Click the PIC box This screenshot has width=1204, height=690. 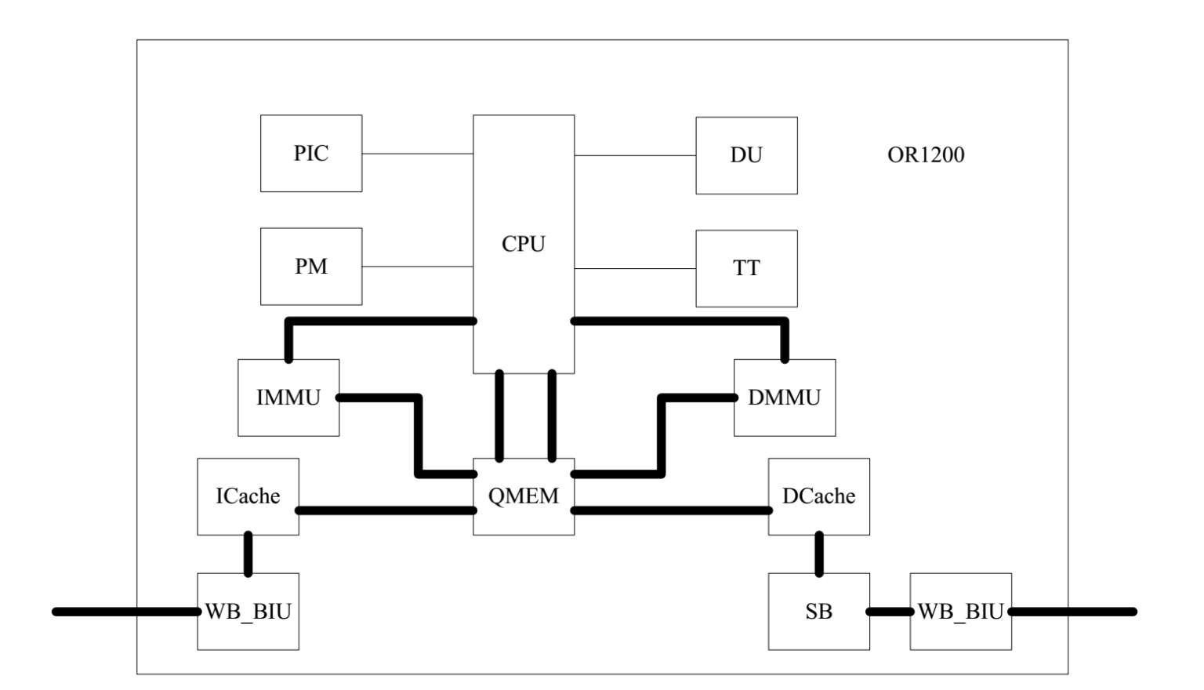click(311, 153)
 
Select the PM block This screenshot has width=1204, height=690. click(311, 267)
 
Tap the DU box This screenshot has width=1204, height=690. click(746, 155)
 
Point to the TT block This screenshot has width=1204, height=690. click(746, 268)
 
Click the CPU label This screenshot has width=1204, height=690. click(523, 244)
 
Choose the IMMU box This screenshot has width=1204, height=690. click(288, 398)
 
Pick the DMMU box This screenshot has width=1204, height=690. click(785, 398)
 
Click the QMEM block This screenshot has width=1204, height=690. click(524, 496)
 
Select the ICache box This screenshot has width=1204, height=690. click(248, 496)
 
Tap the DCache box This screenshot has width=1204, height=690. click(818, 496)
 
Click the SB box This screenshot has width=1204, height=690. click(818, 612)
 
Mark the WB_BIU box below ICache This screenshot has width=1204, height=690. click(248, 612)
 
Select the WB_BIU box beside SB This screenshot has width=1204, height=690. click(960, 612)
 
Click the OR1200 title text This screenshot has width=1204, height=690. click(926, 154)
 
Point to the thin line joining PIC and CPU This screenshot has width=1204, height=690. click(417, 154)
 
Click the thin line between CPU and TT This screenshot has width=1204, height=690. click(635, 269)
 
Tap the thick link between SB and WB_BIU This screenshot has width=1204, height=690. click(890, 612)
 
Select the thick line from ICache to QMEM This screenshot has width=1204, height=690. click(386, 510)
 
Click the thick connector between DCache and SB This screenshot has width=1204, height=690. click(819, 554)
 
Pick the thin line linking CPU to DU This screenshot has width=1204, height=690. click(635, 156)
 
